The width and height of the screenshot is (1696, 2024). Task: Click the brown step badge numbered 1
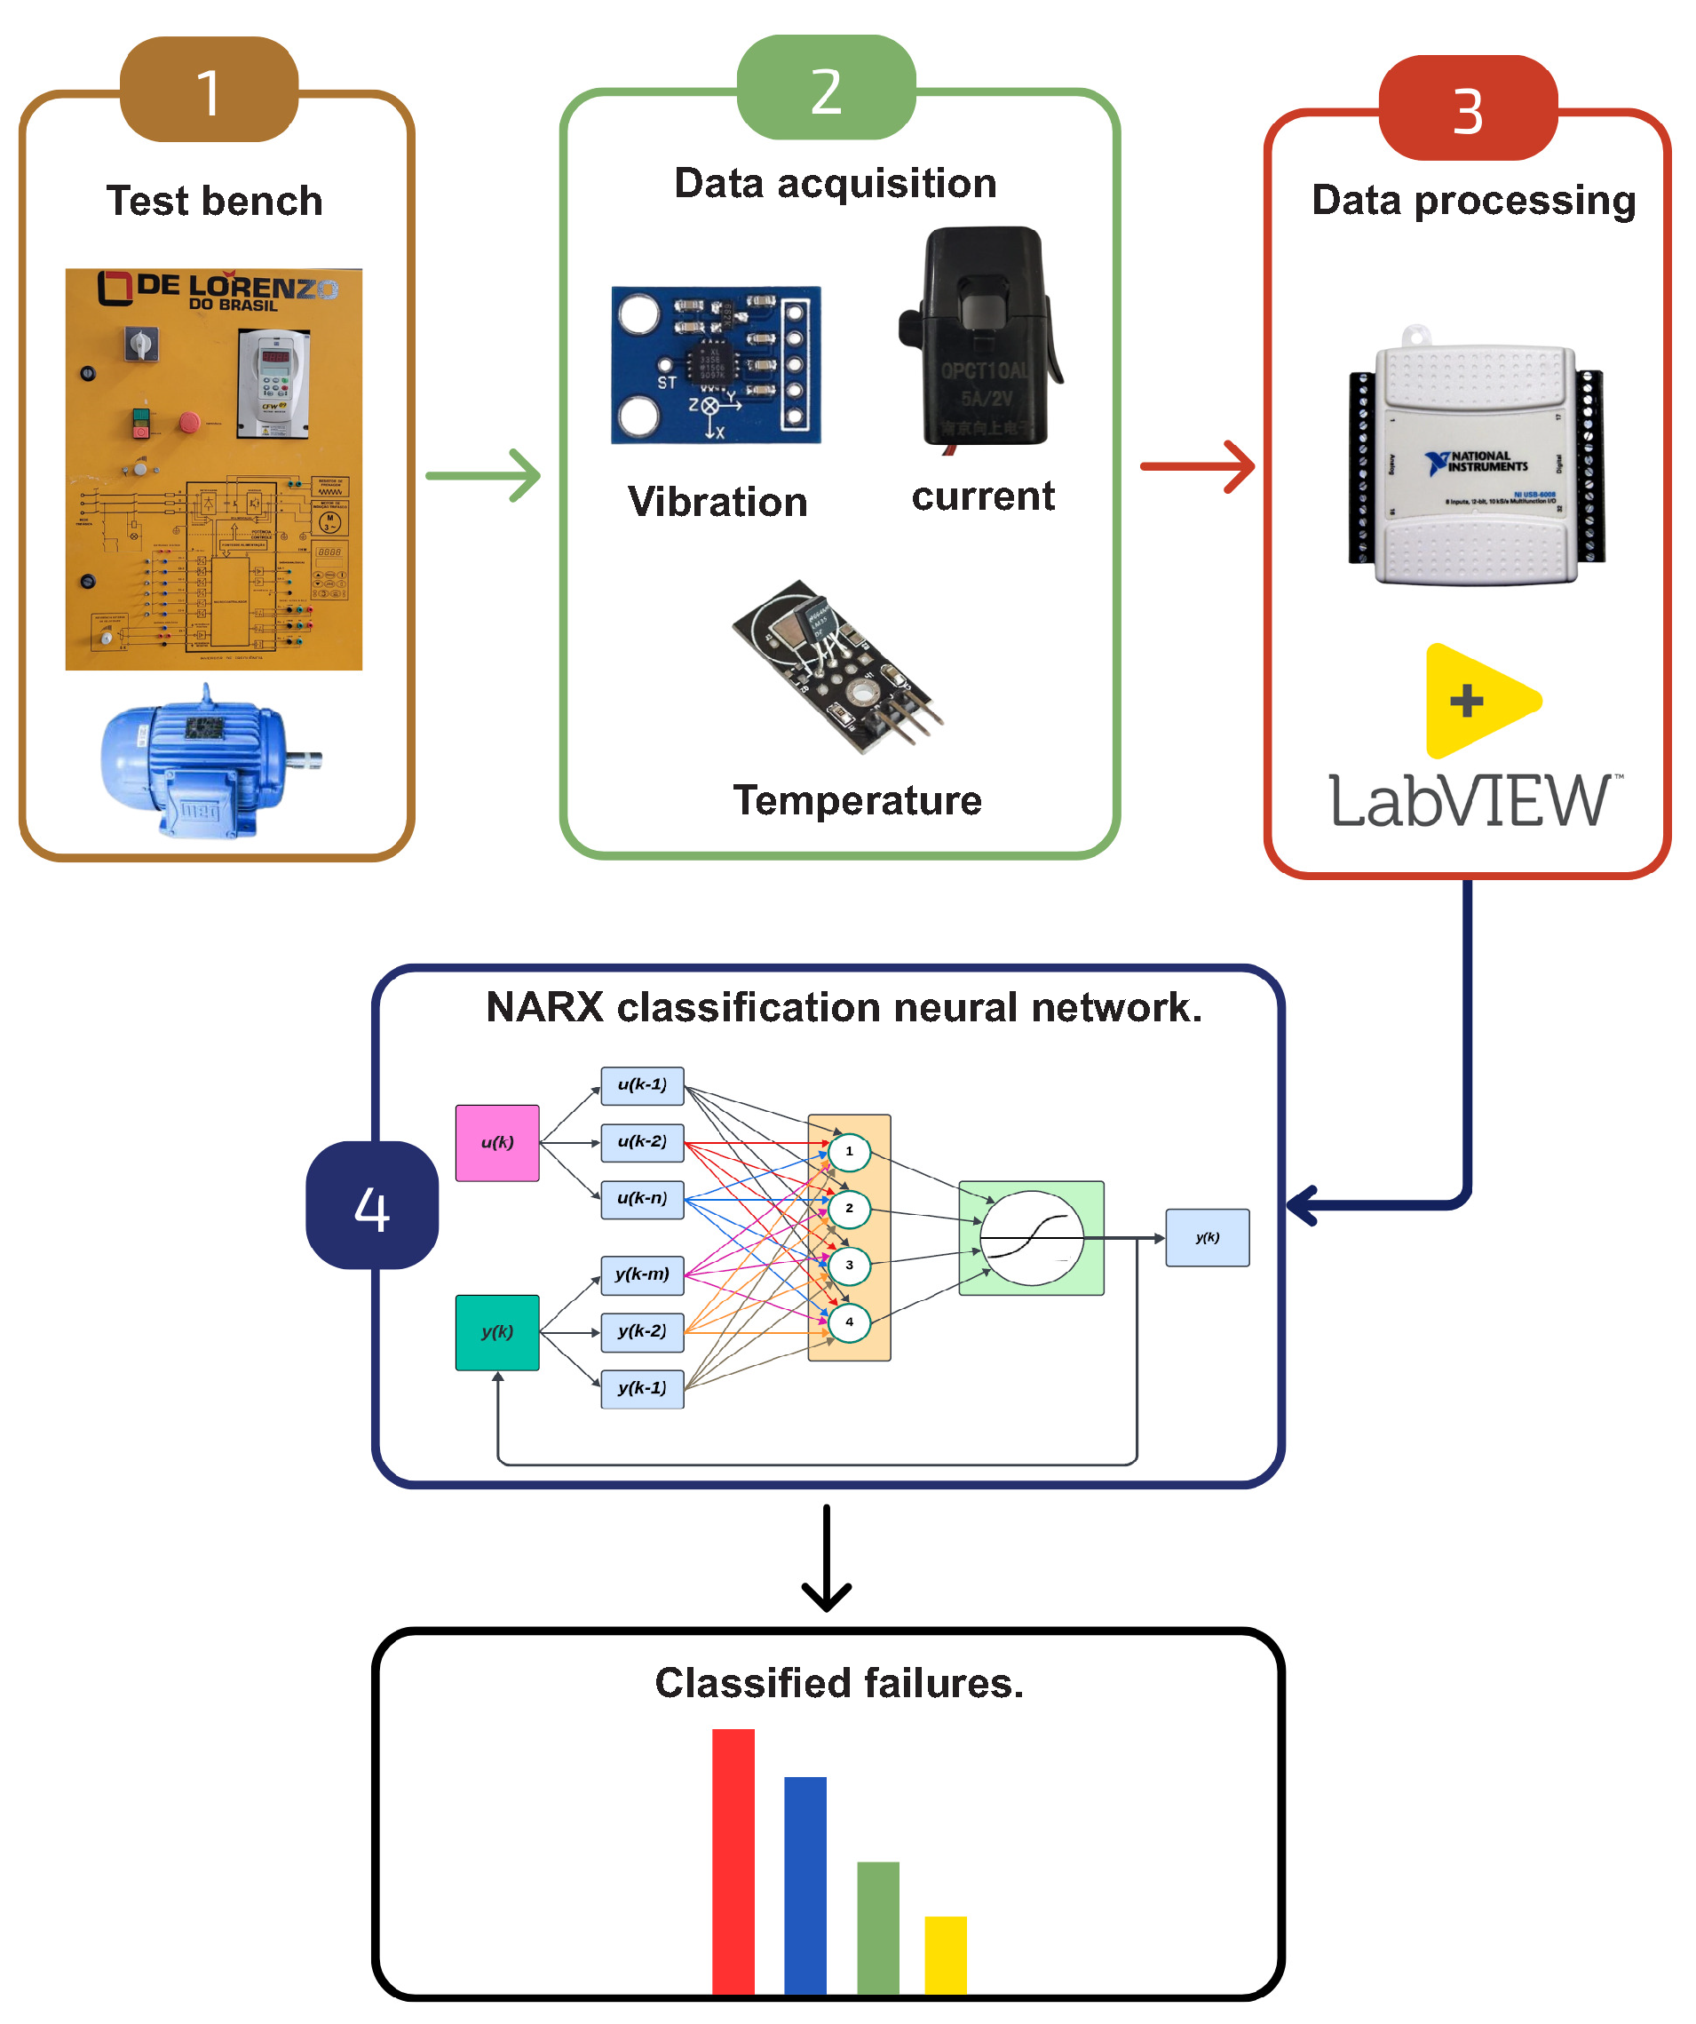point(209,90)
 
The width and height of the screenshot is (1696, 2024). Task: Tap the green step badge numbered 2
point(826,88)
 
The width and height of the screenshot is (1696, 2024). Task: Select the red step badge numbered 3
point(1468,108)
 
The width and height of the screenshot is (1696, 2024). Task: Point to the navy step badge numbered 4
point(372,1205)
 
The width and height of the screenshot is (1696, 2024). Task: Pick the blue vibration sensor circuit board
point(716,365)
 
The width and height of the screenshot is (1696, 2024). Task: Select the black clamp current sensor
point(980,337)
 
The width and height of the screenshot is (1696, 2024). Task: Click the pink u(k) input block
point(497,1143)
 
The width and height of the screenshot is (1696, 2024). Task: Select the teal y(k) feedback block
point(497,1332)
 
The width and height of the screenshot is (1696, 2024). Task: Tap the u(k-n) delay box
point(643,1199)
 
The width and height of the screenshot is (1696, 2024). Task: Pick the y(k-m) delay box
point(643,1275)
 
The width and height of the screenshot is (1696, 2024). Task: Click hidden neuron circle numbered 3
point(849,1266)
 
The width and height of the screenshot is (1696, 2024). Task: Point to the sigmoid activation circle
point(1031,1239)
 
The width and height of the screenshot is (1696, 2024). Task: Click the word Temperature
point(857,801)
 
